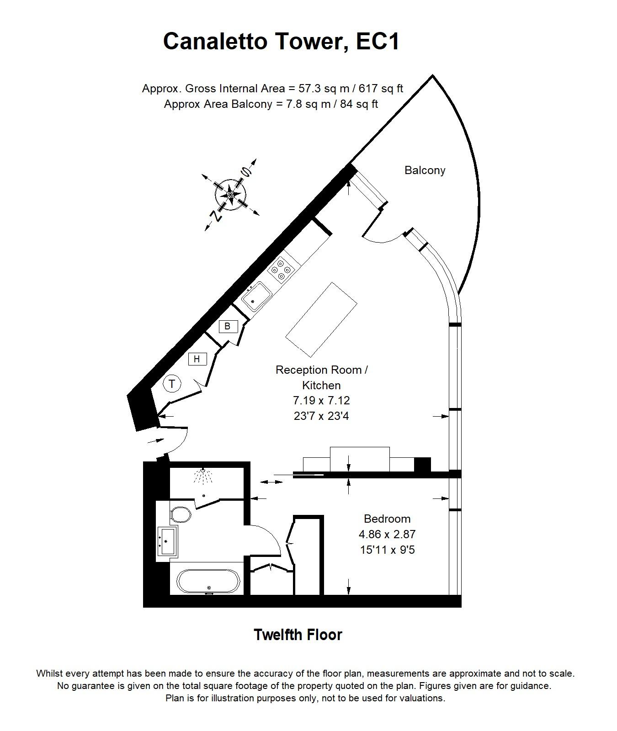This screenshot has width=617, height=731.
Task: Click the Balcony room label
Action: coord(425,170)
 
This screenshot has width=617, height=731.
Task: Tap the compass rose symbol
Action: coord(231,195)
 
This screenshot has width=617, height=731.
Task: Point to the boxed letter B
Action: coord(228,326)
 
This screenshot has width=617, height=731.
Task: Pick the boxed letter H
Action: coord(197,359)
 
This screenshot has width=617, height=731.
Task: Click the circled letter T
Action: coord(172,384)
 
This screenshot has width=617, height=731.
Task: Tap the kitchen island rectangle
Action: coord(321,319)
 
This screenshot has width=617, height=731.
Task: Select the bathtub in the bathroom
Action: coord(208,581)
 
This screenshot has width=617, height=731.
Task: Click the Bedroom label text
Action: coord(387,519)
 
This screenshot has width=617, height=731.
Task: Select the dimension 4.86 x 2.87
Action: coord(387,534)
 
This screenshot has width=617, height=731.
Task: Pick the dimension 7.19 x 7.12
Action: coord(321,401)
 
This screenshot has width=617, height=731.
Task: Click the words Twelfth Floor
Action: coord(298,635)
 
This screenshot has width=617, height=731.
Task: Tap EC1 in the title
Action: coord(378,41)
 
